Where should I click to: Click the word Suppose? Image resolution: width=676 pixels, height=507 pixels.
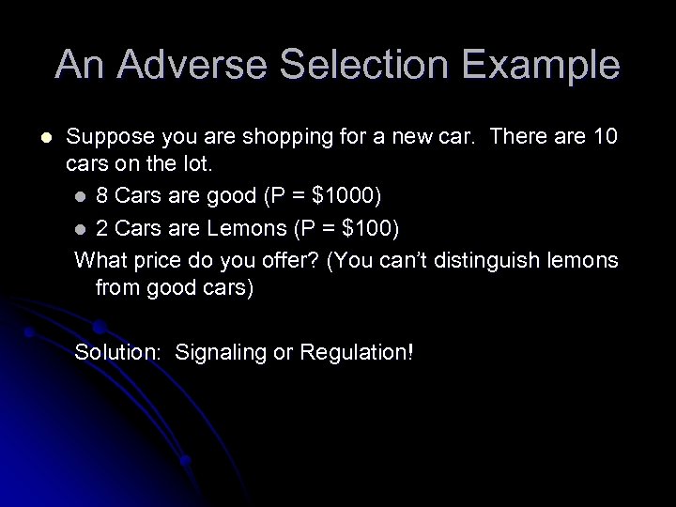[107, 136]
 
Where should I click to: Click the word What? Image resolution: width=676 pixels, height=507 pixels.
[98, 258]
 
